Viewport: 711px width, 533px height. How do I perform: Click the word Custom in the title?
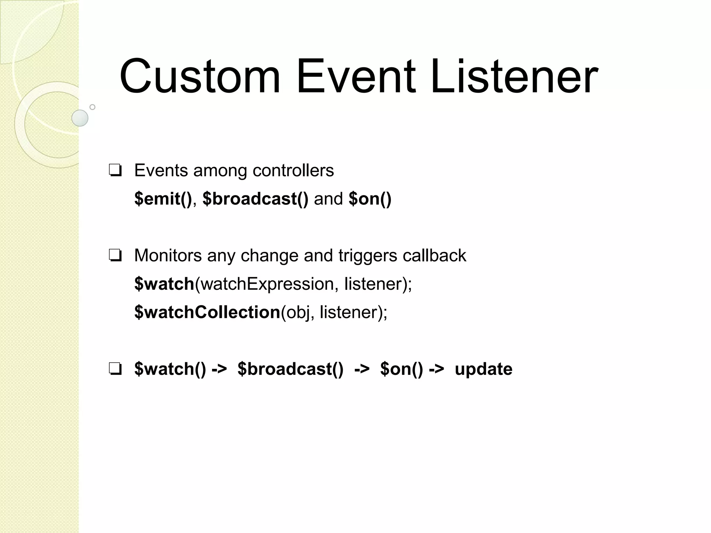pyautogui.click(x=200, y=77)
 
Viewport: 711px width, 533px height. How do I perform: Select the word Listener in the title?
pyautogui.click(x=514, y=77)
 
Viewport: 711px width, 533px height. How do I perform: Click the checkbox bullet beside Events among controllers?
pyautogui.click(x=115, y=171)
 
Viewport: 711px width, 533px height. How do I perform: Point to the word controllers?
pyautogui.click(x=293, y=171)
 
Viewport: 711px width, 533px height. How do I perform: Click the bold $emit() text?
pyautogui.click(x=163, y=199)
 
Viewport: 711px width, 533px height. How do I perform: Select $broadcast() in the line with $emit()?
pyautogui.click(x=255, y=199)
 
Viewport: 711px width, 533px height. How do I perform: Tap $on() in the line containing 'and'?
pyautogui.click(x=370, y=199)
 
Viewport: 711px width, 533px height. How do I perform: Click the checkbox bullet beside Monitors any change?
pyautogui.click(x=115, y=256)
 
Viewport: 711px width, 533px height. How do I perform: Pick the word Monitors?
pyautogui.click(x=168, y=256)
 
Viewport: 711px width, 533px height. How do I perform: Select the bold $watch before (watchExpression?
pyautogui.click(x=164, y=284)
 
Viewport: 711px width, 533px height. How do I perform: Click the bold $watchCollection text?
pyautogui.click(x=207, y=312)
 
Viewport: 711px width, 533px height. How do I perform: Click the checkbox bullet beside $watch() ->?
pyautogui.click(x=115, y=369)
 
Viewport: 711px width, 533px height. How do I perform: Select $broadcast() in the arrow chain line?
pyautogui.click(x=290, y=369)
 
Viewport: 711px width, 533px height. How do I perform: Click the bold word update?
pyautogui.click(x=483, y=369)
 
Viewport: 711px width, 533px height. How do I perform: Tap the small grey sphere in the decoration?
pyautogui.click(x=80, y=118)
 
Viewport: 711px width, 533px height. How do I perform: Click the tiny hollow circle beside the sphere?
pyautogui.click(x=92, y=107)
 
